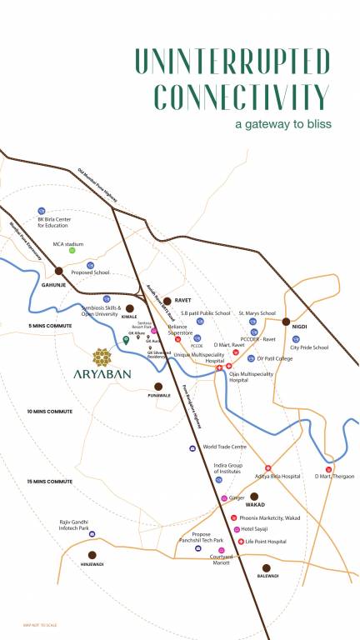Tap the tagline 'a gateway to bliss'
[x=282, y=123]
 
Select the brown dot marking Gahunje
[x=59, y=271]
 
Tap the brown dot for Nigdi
[x=286, y=321]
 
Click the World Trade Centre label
[x=222, y=447]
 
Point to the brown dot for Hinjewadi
[x=92, y=554]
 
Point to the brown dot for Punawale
[x=158, y=386]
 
